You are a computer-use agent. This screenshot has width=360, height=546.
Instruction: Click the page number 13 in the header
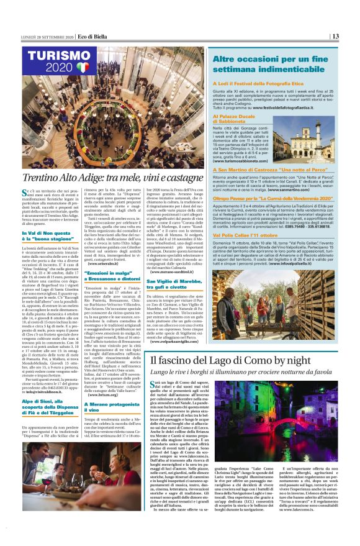pos(335,35)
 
